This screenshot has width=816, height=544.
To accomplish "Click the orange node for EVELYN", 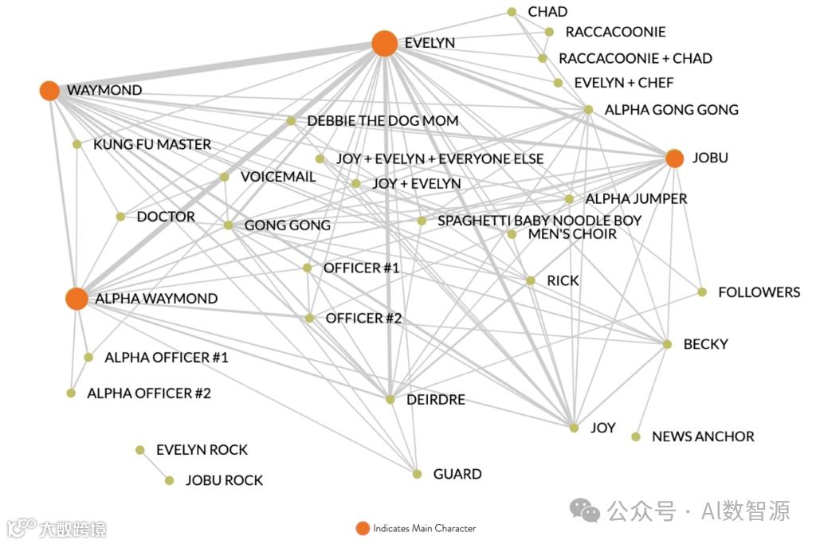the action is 384,44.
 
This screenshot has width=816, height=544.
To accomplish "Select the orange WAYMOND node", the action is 49,91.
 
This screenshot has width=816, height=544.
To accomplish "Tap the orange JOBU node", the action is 674,159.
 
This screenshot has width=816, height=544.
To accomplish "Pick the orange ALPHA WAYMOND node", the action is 76,299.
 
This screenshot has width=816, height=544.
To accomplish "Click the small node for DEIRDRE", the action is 390,399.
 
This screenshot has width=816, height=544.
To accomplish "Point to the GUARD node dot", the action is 417,474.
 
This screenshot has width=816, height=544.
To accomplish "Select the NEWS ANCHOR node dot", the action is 636,436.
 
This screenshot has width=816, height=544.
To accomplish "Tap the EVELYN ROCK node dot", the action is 140,450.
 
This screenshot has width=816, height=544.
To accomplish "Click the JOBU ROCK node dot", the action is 169,480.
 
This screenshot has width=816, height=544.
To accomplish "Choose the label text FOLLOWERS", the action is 759,292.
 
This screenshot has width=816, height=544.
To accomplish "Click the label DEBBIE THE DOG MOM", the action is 382,121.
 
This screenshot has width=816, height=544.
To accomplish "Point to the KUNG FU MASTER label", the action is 152,145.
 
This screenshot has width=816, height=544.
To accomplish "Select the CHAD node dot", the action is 512,12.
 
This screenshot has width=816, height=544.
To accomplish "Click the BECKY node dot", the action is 668,344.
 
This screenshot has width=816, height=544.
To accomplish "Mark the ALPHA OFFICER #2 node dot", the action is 71,393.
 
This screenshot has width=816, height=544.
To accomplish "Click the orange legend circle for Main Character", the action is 363,528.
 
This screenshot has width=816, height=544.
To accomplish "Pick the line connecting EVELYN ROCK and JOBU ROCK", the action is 155,465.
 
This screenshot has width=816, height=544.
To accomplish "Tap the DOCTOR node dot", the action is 120,217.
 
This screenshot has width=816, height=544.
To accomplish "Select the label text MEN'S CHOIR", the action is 572,234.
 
